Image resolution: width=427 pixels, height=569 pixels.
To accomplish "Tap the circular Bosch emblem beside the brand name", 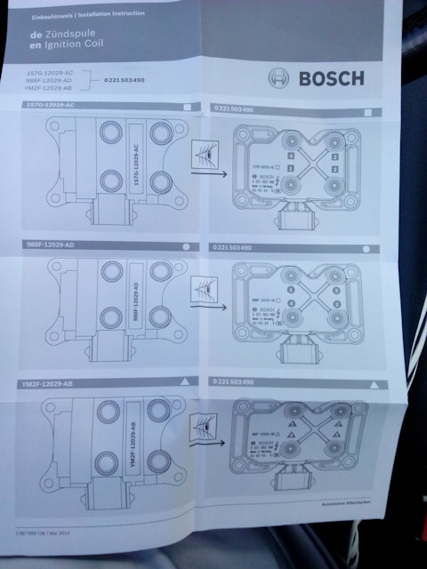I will tap(282, 78).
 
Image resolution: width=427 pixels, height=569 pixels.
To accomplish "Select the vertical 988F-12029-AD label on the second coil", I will tap(135, 301).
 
